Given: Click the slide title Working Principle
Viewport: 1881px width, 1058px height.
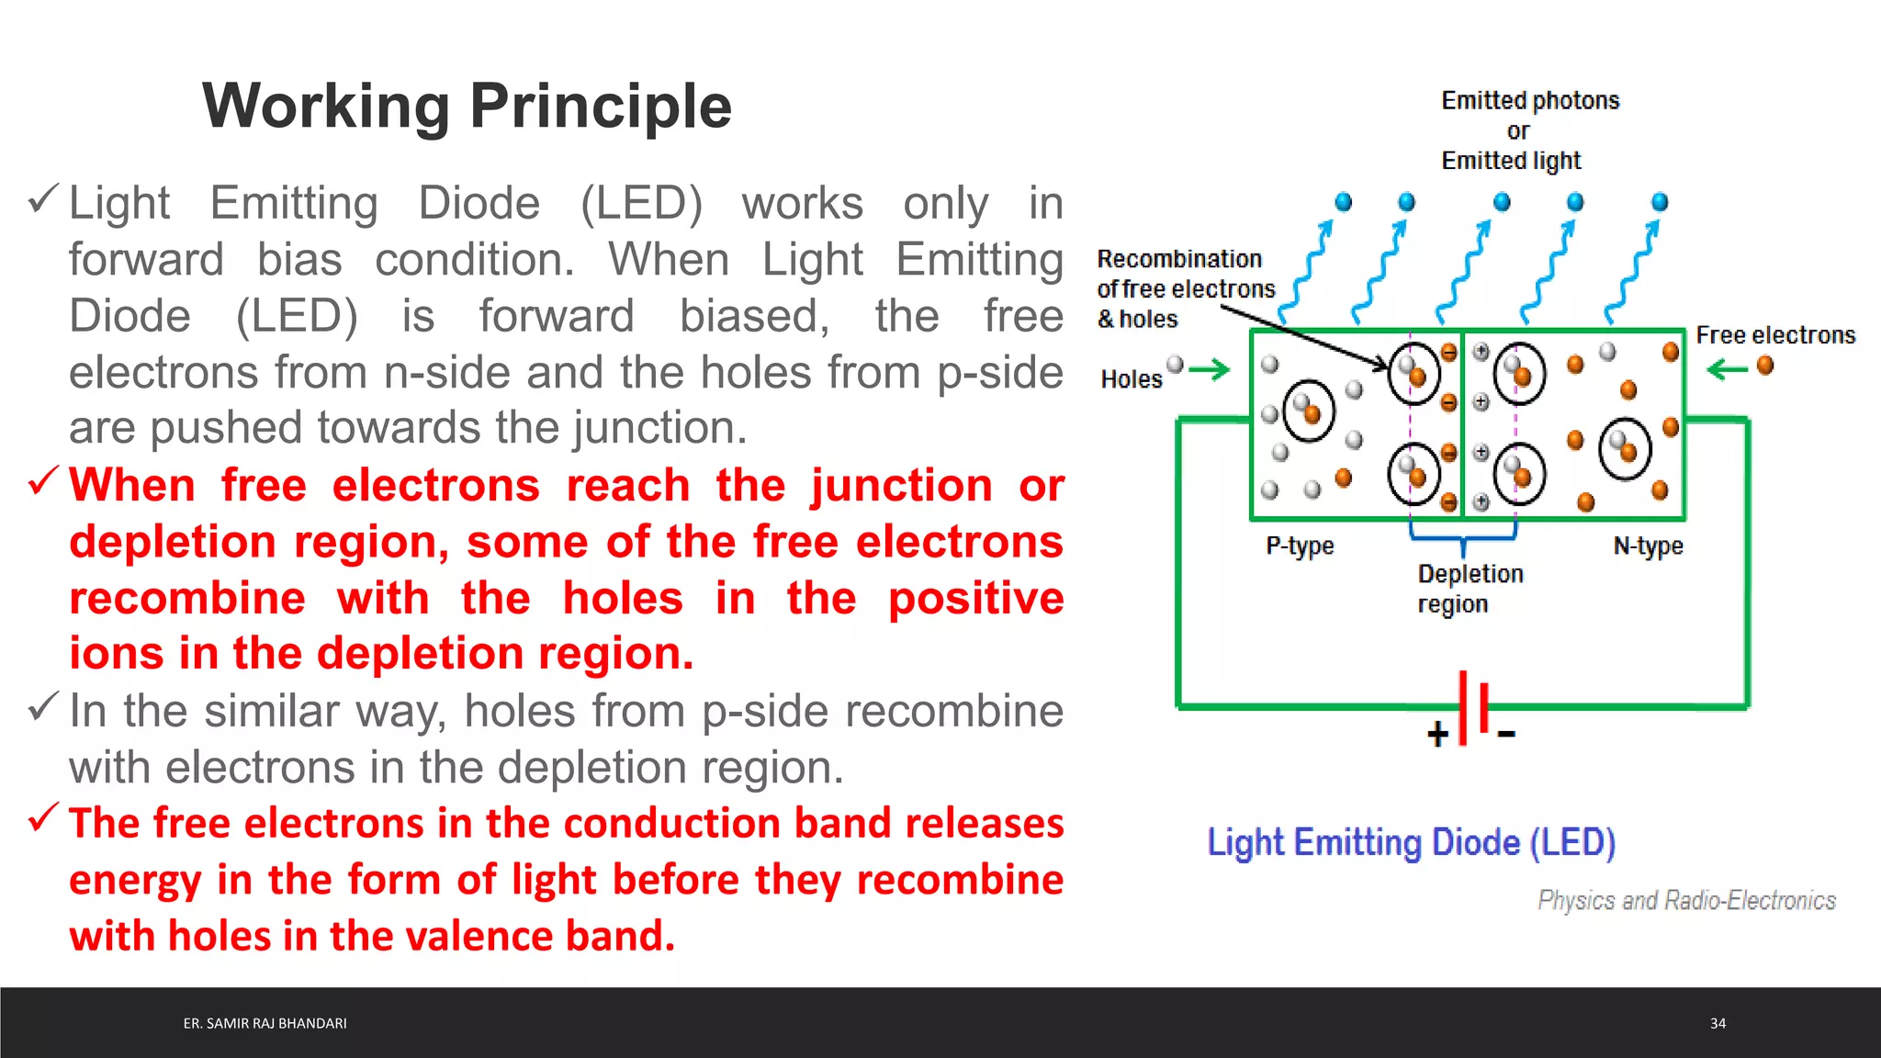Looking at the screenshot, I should pos(467,107).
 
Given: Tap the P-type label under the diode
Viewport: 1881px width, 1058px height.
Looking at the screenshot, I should pos(1299,546).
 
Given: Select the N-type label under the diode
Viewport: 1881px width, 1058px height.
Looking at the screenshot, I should pos(1648,546).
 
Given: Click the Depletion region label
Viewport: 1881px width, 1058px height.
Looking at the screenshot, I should pos(1470,589).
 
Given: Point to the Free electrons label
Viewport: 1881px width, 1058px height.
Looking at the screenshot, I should pos(1774,335).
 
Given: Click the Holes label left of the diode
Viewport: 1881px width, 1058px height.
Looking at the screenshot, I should pos(1131,379).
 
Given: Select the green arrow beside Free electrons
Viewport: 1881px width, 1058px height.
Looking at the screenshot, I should pos(1728,369).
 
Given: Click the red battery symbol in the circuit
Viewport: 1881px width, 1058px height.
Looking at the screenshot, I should pos(1473,707).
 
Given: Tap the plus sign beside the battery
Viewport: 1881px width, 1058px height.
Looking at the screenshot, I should pos(1437,734).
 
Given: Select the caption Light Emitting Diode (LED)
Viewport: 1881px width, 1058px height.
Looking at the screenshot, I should pos(1411,843).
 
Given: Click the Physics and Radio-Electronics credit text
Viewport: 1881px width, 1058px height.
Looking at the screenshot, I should pos(1686,900).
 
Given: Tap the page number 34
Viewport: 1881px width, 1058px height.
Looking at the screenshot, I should pos(1718,1023).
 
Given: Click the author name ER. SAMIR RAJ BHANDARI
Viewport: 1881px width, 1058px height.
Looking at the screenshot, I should pos(265,1023).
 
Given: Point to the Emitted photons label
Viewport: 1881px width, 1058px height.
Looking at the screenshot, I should pos(1529,101).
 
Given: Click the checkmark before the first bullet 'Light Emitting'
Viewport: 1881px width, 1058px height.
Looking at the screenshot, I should pos(43,198).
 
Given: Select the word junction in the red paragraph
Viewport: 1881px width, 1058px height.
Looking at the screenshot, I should pos(900,486).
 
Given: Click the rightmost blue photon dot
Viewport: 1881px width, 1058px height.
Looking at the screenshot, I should pos(1659,202).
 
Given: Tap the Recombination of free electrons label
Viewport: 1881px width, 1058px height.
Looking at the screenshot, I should pos(1185,288).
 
